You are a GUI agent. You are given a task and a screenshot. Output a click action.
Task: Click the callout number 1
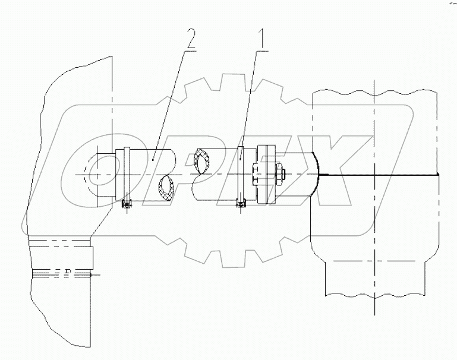coord(260,39)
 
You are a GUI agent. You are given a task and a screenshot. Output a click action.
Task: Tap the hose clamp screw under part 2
coord(125,204)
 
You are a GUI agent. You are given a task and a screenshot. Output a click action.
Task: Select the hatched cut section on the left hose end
coord(167,187)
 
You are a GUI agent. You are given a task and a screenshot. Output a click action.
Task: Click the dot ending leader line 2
coord(153,159)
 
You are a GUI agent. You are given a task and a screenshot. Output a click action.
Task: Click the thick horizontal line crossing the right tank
coord(380,175)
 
